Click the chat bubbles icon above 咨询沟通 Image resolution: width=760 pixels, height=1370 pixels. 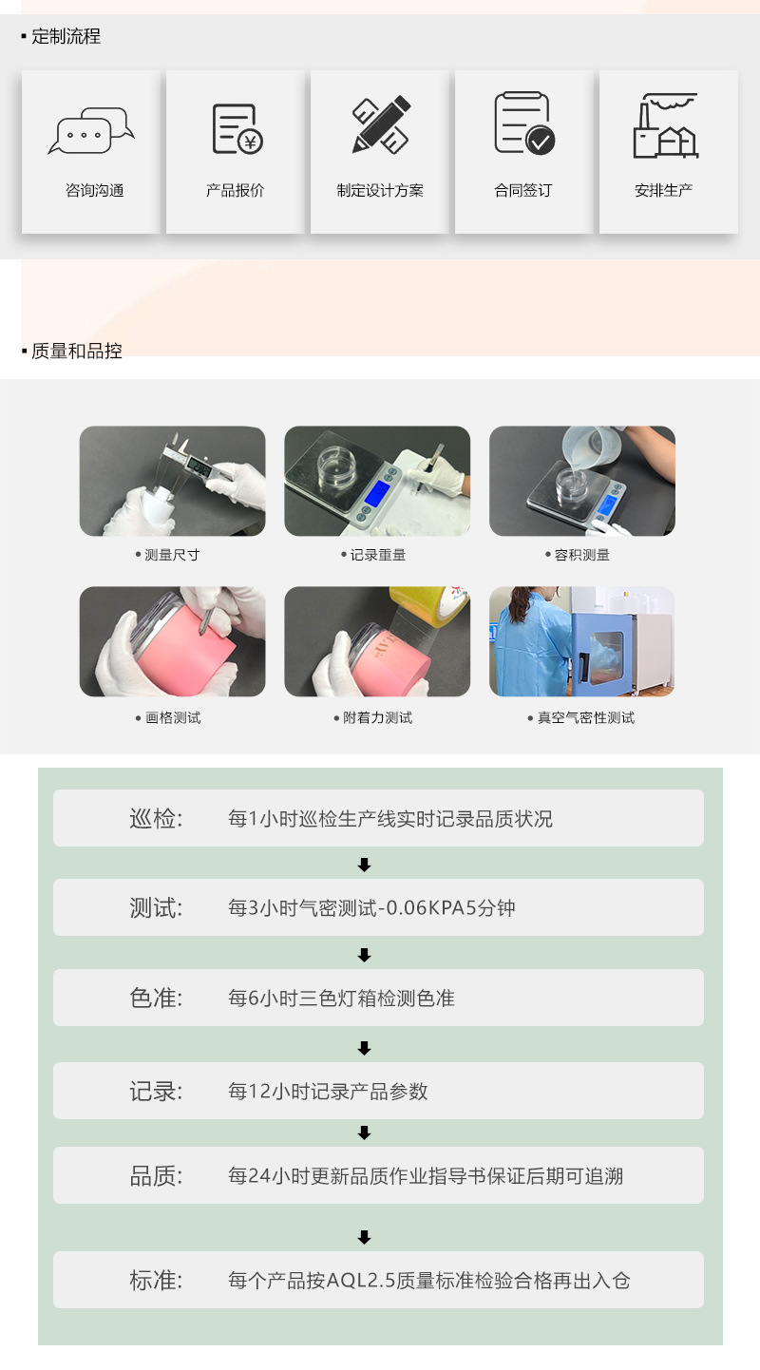tap(91, 131)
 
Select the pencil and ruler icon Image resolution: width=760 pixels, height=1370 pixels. tap(381, 124)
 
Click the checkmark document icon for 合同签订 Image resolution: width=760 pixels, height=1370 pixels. tap(524, 124)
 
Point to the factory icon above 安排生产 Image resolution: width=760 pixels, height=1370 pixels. tap(667, 125)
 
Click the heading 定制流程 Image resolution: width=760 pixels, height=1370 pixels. tap(66, 37)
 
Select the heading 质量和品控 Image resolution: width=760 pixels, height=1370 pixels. tap(76, 352)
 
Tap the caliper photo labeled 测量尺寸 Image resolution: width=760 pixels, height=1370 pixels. tap(172, 481)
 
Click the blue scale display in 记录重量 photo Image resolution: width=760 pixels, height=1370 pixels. tap(375, 493)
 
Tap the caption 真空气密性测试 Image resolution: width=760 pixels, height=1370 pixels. tap(585, 718)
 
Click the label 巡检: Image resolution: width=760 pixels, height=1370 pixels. tap(156, 818)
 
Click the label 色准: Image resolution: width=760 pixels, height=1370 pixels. tap(156, 999)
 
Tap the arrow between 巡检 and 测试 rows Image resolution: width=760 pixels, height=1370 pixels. tap(364, 865)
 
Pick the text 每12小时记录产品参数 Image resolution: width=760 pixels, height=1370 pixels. tap(328, 1092)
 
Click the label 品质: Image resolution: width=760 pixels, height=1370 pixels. tap(156, 1176)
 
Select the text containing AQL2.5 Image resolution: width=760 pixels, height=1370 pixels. tap(428, 1281)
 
